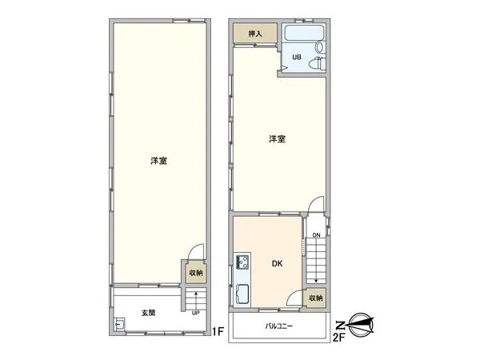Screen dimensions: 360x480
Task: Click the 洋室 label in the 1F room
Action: click(x=158, y=161)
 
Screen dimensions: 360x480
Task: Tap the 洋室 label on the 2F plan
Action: click(x=277, y=139)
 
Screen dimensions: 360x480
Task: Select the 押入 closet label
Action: click(x=255, y=34)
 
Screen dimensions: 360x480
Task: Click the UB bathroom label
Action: click(x=296, y=58)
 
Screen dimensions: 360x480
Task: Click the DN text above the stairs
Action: click(x=317, y=234)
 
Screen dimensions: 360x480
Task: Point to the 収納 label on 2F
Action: click(x=318, y=298)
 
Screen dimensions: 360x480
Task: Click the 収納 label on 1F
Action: click(x=196, y=273)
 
